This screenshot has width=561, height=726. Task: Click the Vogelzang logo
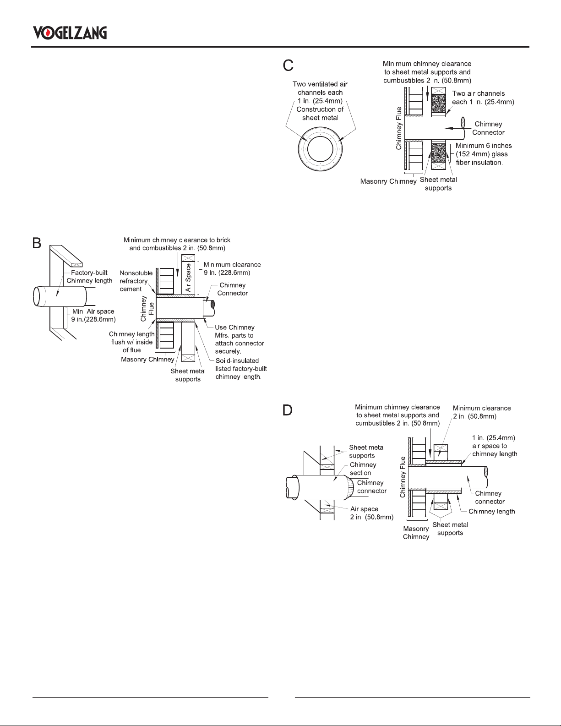coord(70,33)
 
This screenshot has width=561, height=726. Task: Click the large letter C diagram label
coord(288,66)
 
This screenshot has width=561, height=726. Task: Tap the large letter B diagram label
coord(36,243)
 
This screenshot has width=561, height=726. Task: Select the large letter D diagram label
coord(288,410)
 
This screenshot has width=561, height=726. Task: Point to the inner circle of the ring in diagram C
coord(320,149)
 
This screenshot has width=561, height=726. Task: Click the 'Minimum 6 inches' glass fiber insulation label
coord(484,154)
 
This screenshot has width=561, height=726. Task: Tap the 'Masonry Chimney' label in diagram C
coord(388,181)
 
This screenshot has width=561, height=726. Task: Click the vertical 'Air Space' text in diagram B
coord(188,278)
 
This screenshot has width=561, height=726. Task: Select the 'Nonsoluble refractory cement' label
coord(136,281)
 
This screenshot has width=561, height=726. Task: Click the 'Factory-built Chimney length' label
coord(89,277)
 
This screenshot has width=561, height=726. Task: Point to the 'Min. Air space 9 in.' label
coord(93,316)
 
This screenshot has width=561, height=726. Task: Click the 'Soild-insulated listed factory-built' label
coord(241,369)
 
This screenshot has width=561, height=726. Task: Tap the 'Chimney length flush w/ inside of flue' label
coord(131,342)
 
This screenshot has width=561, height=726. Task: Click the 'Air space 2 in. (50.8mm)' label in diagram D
coord(372,513)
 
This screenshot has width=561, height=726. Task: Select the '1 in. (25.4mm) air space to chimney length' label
coord(495,446)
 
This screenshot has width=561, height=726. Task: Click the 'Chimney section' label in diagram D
coord(363,469)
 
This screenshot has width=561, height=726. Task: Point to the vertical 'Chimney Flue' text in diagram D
coord(403,477)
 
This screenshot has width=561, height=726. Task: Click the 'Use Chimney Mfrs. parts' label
coord(240,339)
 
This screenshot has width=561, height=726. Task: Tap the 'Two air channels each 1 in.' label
coord(483,98)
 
